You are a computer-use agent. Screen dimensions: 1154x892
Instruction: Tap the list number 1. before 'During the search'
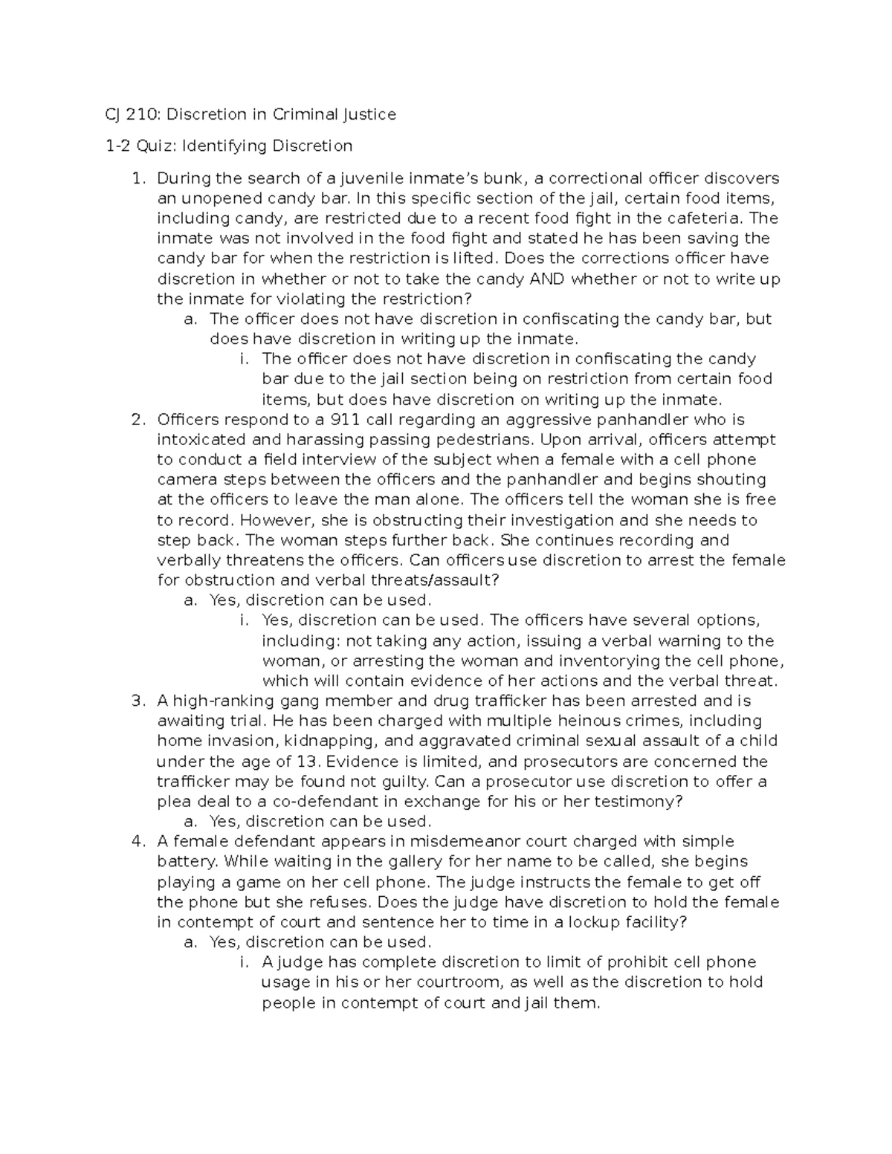coord(137,178)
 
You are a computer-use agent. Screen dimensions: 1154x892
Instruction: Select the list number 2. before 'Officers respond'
coord(137,420)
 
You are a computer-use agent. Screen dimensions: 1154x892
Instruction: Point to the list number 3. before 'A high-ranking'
coord(137,701)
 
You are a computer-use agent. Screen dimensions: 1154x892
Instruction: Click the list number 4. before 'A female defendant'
coord(137,842)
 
